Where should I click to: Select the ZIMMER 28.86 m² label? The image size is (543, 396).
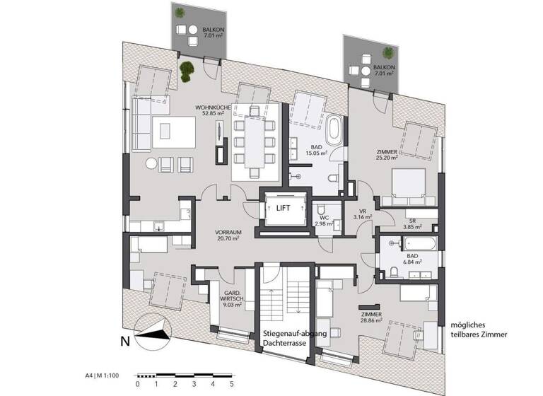coord(370,317)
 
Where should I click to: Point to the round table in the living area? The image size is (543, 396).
coord(153,163)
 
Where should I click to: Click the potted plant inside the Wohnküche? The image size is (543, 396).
coord(187,70)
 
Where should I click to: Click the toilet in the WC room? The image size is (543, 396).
coord(322,210)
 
